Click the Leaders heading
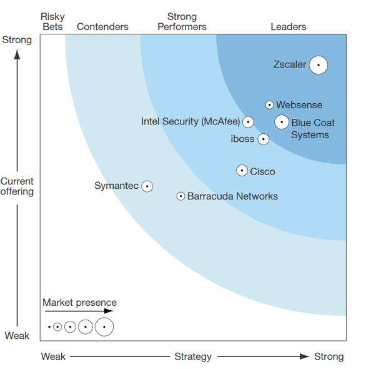tap(289, 27)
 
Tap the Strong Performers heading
tap(182, 22)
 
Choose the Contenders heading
tap(102, 27)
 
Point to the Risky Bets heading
tap(52, 22)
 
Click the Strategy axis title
tap(193, 356)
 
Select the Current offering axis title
tap(17, 186)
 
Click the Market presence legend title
tap(79, 303)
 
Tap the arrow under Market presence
tap(79, 311)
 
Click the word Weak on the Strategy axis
tap(53, 356)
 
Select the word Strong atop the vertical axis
tap(17, 40)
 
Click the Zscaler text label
tap(290, 64)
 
